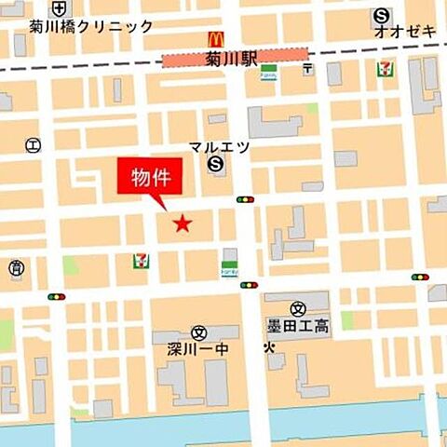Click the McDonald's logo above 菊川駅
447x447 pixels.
[x=216, y=38]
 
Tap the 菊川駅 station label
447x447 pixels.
[x=230, y=60]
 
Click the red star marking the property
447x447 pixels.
[x=183, y=223]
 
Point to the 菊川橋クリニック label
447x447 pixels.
[x=91, y=26]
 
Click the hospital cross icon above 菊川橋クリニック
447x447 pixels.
[x=61, y=7]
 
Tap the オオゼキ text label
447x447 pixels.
[x=405, y=32]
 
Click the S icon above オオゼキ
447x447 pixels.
[x=382, y=15]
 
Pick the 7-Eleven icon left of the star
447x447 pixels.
[x=141, y=261]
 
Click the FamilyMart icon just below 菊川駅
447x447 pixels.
[x=268, y=73]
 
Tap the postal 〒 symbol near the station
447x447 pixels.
[x=308, y=69]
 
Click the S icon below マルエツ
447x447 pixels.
[x=216, y=165]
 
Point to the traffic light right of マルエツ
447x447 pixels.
[x=245, y=199]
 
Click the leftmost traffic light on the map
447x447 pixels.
[x=57, y=296]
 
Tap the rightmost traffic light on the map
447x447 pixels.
[x=420, y=277]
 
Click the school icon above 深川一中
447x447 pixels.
[x=198, y=332]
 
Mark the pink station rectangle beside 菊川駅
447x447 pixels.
[x=185, y=60]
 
